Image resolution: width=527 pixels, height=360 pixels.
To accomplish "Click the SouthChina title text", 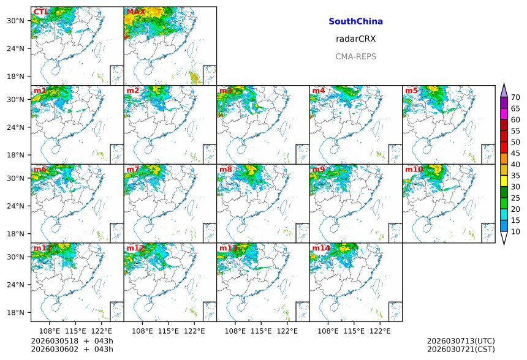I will (x=355, y=21).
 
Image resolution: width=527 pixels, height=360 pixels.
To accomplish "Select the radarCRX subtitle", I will (x=355, y=39).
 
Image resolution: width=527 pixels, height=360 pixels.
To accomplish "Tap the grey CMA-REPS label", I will (x=355, y=56).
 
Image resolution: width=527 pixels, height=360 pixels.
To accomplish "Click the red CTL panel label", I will (x=41, y=12).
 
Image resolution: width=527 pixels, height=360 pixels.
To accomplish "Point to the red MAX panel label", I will (x=135, y=12).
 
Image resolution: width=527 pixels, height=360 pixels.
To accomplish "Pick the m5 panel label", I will (x=411, y=91).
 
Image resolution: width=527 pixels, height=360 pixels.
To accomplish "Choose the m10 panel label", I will (x=414, y=169).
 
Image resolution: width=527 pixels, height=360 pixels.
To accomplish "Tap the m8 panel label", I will (x=226, y=169).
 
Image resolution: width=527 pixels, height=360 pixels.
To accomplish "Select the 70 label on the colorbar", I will (x=515, y=97).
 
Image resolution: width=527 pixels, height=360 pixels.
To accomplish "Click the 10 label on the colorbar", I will (x=515, y=231).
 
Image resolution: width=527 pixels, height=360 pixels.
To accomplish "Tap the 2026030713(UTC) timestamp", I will (x=461, y=340).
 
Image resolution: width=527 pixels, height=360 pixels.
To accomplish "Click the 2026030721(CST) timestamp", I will (x=461, y=349).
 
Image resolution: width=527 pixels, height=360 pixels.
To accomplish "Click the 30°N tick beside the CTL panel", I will (x=15, y=21).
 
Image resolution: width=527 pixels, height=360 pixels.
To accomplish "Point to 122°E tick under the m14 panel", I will (x=380, y=331).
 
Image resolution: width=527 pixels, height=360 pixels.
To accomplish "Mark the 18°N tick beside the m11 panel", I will (x=15, y=312).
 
